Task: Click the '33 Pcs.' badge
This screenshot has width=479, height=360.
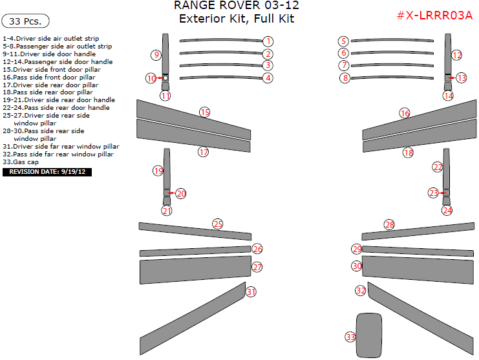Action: click(x=26, y=21)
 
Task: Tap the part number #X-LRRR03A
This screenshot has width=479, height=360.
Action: click(x=435, y=16)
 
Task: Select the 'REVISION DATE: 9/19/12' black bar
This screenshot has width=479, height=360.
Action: click(x=48, y=172)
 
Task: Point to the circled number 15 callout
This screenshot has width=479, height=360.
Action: click(x=204, y=112)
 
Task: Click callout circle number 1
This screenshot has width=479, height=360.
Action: click(x=268, y=41)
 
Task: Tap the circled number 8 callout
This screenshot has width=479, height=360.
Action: click(x=345, y=78)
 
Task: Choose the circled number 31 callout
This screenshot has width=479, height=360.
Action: click(x=251, y=291)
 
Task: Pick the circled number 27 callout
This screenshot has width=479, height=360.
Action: click(x=257, y=267)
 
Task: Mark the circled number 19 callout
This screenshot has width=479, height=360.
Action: click(x=158, y=171)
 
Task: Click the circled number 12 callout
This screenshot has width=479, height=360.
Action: click(x=457, y=55)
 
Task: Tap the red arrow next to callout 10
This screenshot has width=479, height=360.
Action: click(x=159, y=78)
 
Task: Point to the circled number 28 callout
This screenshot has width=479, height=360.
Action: click(x=389, y=225)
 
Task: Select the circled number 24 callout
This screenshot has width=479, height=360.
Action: click(x=447, y=210)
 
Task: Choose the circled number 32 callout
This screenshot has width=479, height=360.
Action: click(x=361, y=291)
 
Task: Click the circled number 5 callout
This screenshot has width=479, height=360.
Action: click(x=344, y=41)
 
